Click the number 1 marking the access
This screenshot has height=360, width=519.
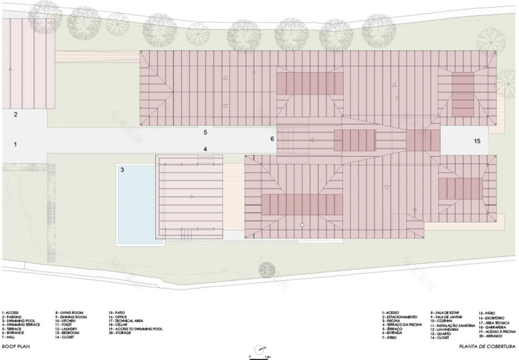point(17,144)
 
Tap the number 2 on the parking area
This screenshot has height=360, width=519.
point(17,114)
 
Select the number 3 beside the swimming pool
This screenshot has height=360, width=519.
point(123,170)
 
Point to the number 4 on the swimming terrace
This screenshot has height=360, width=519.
point(205,149)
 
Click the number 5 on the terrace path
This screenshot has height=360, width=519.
point(205,133)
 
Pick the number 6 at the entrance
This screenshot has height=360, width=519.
point(272,139)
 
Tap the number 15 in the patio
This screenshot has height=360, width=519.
point(477,141)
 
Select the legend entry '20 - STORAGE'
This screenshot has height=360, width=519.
point(123,332)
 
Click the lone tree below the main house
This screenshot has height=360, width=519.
point(268,269)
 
